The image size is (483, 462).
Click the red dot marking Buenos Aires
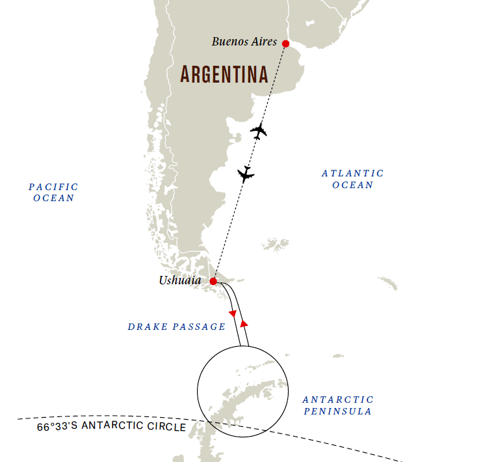285,44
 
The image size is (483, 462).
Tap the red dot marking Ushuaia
213,282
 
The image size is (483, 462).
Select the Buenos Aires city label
244,42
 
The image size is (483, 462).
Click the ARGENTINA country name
224,74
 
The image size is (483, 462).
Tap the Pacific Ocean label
53,192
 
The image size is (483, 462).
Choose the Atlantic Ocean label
352,179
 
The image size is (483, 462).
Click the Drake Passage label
176,327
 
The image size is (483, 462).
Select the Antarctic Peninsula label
338,405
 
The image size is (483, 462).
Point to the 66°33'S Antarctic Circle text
111,428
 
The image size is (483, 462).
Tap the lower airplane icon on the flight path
246,174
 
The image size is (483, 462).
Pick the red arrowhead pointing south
233,313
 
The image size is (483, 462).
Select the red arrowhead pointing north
244,323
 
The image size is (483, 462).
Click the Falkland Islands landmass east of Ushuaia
276,245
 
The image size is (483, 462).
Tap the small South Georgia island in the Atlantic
387,284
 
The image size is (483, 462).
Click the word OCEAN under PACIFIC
53,198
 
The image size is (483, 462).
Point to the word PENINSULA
338,411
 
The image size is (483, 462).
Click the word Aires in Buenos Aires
261,42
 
